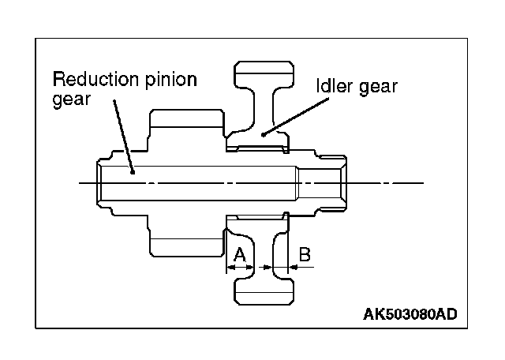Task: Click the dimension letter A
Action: tap(240, 254)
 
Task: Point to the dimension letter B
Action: tap(305, 254)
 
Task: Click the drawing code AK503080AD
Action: tap(410, 314)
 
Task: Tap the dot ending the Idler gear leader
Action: tap(264, 133)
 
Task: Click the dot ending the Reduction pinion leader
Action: tap(133, 170)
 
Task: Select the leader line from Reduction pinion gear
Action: tap(122, 134)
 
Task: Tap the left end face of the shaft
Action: tap(99, 182)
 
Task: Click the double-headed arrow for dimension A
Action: tap(240, 268)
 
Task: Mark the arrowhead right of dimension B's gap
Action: tap(296, 268)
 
